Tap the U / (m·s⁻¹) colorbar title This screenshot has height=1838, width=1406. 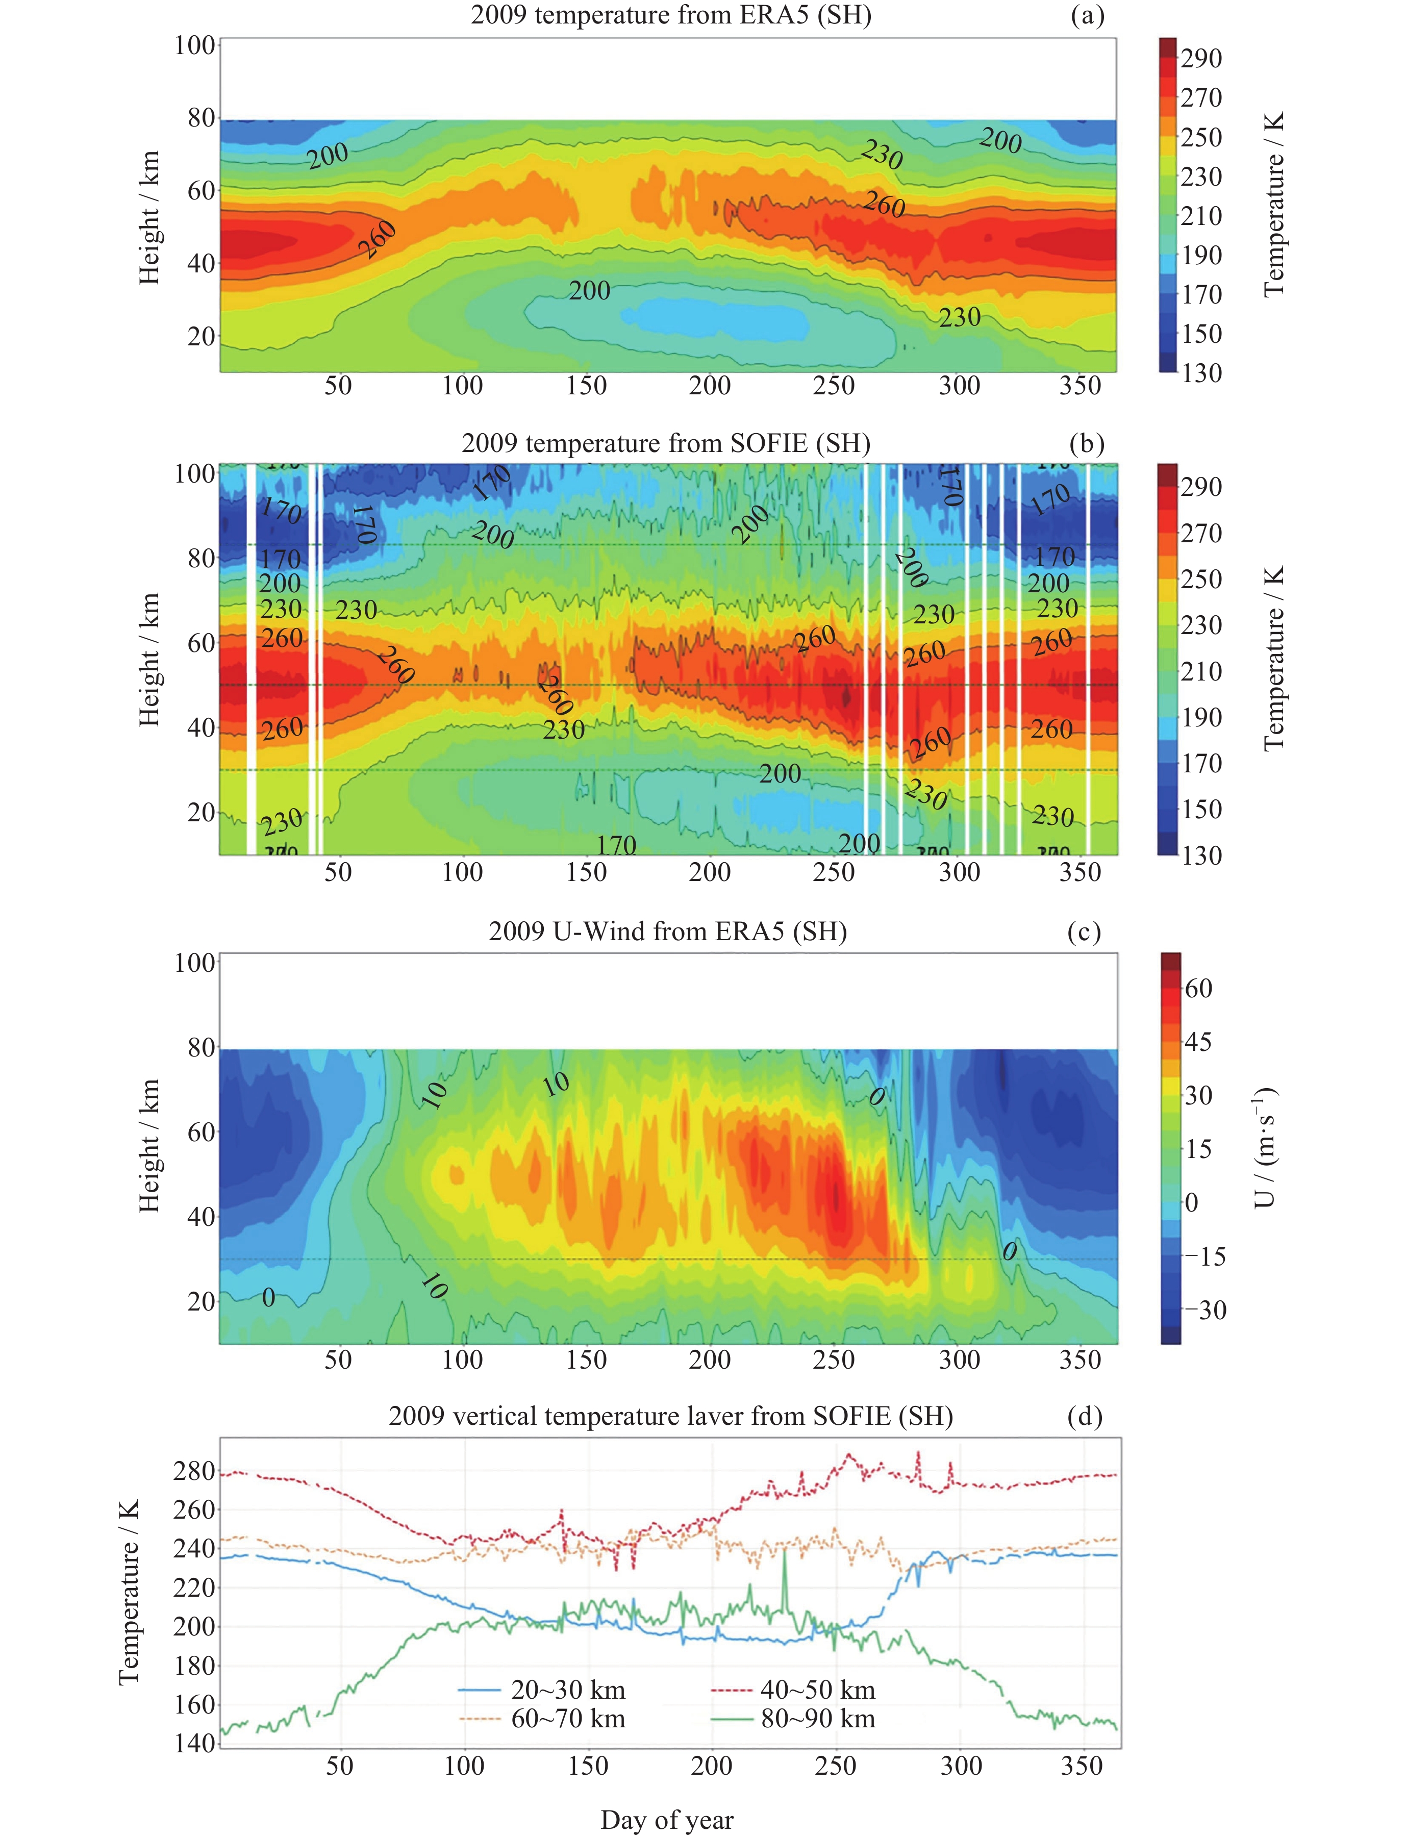[1265, 1147]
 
